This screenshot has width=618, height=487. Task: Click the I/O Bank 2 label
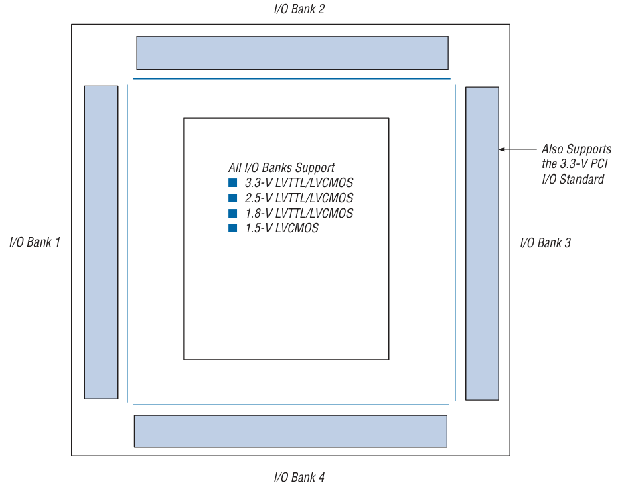[299, 9]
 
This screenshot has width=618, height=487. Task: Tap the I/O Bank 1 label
[35, 242]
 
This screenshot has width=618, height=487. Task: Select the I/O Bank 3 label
[546, 242]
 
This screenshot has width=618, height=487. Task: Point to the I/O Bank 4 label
[299, 477]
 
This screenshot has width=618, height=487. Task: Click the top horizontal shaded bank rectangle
[292, 53]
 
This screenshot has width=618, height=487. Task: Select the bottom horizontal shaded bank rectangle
[291, 431]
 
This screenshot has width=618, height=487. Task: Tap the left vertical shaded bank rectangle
[101, 242]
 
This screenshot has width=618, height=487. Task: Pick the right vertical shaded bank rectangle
[482, 243]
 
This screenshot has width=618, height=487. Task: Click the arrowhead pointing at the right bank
[503, 149]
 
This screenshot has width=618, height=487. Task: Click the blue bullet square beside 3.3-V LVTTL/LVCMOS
[233, 183]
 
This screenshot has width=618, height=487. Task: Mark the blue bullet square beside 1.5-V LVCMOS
[233, 228]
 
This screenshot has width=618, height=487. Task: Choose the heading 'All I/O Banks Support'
[281, 167]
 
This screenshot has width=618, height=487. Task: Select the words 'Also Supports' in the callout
[576, 149]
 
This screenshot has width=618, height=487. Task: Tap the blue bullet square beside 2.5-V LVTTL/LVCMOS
[233, 198]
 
